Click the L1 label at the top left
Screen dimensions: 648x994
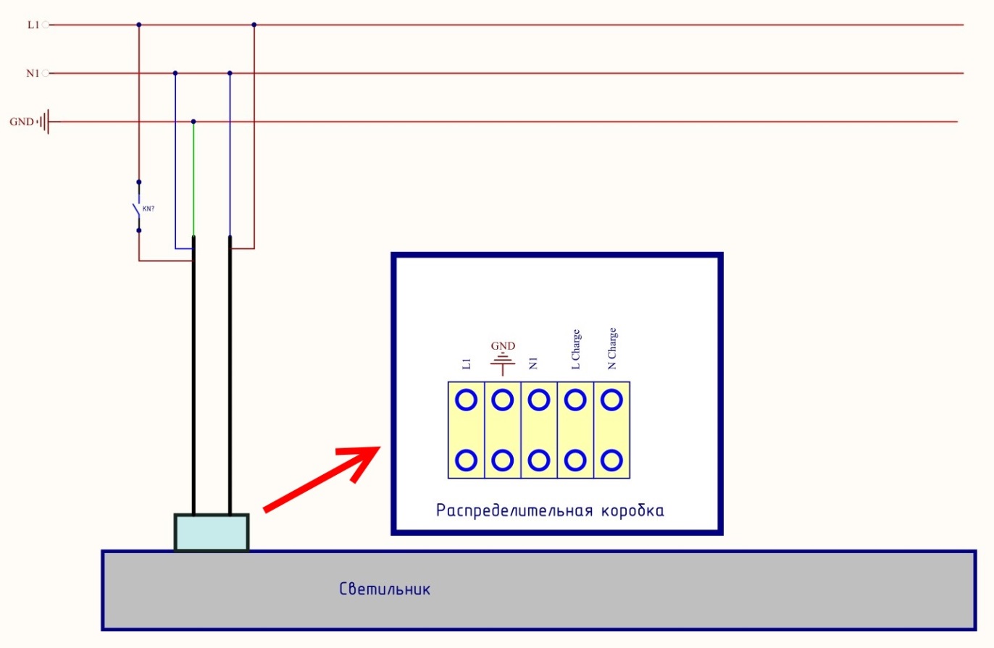point(33,25)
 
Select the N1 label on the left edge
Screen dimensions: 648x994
point(32,73)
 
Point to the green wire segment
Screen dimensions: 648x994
point(193,177)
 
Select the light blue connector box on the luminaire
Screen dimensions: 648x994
point(212,532)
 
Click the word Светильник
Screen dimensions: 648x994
point(385,589)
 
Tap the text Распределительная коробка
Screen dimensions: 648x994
point(550,510)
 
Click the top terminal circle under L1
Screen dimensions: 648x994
point(467,400)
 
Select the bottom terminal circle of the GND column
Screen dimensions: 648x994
point(503,460)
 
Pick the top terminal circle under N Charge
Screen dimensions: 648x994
point(612,400)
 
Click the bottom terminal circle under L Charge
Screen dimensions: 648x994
point(575,460)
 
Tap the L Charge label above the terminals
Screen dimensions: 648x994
point(575,351)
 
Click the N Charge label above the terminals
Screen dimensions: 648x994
point(612,349)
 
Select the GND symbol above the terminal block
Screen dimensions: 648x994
point(503,357)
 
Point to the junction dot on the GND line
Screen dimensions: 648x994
point(193,122)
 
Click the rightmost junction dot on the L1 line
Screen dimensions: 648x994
point(254,25)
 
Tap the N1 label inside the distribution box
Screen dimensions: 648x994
point(534,363)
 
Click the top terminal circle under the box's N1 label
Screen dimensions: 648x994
point(538,400)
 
